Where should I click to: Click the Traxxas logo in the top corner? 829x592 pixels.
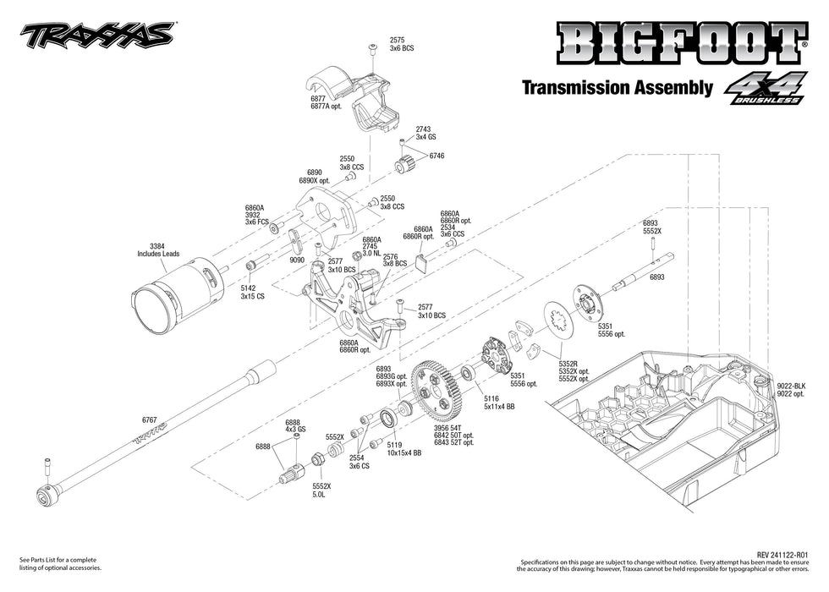point(97,34)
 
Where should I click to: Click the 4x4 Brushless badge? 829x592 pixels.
point(763,90)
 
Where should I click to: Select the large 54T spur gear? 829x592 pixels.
point(436,392)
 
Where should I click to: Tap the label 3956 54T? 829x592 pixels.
point(447,429)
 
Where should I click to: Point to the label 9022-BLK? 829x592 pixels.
point(793,386)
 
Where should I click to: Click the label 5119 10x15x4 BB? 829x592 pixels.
point(404,447)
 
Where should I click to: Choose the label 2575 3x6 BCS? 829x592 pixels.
point(401,45)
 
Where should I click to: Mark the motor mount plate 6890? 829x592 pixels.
point(327,218)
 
